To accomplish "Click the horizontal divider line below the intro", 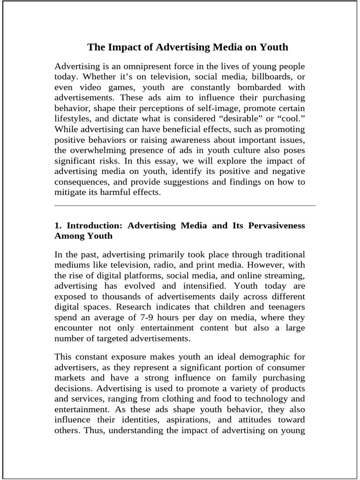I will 185,205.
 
